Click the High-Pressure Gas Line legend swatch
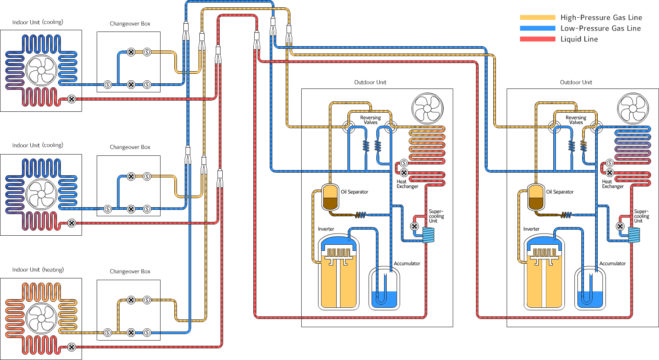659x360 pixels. [x=537, y=17]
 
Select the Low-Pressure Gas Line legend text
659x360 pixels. [x=600, y=28]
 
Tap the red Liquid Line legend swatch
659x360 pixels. [x=537, y=39]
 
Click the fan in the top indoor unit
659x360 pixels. [x=41, y=70]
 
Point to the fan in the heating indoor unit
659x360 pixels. [x=41, y=319]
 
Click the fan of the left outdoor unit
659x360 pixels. [x=427, y=108]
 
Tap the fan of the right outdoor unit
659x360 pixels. [x=633, y=108]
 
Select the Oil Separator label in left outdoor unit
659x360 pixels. [x=354, y=192]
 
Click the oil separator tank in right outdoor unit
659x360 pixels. [x=536, y=197]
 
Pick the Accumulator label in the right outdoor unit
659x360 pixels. [x=612, y=263]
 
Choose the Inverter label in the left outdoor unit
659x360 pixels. [x=326, y=229]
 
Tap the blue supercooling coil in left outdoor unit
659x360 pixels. [x=428, y=235]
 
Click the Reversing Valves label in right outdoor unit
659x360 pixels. [x=576, y=120]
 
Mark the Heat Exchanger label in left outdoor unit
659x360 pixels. [x=407, y=184]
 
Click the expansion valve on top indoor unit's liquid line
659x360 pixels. [x=72, y=99]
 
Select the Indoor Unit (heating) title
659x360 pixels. [x=38, y=269]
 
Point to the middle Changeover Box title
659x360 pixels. [x=130, y=147]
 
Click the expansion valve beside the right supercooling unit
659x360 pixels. [x=620, y=226]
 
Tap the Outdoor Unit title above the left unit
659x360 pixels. [x=370, y=82]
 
